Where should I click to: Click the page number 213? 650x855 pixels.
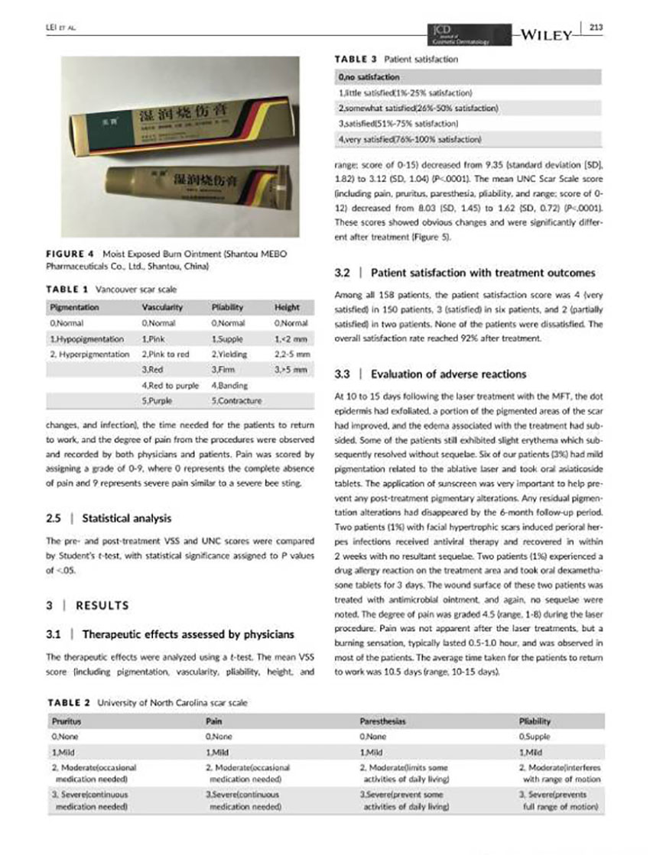point(596,29)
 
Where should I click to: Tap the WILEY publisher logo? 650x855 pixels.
point(546,34)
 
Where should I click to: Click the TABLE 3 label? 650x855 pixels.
point(356,58)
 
